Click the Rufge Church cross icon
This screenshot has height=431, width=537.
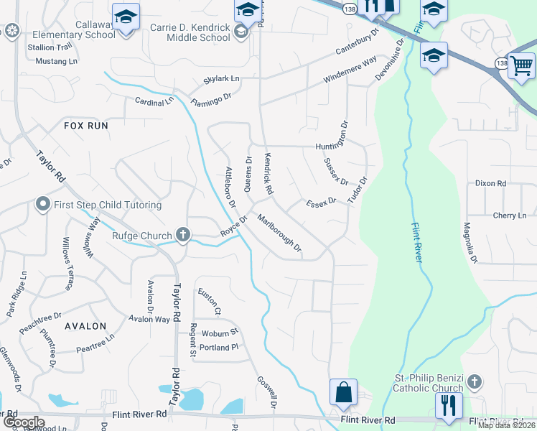click(183, 235)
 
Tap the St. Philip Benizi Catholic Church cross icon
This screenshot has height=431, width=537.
click(478, 379)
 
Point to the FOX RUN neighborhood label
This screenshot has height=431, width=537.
click(86, 125)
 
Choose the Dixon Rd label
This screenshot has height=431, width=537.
click(490, 183)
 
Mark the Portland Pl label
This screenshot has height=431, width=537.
click(219, 348)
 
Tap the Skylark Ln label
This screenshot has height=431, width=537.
click(221, 78)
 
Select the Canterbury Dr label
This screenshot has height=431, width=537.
click(358, 44)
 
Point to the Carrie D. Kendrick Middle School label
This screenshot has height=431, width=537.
click(179, 32)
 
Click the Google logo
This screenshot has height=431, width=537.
click(23, 422)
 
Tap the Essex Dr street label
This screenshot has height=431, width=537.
click(321, 203)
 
